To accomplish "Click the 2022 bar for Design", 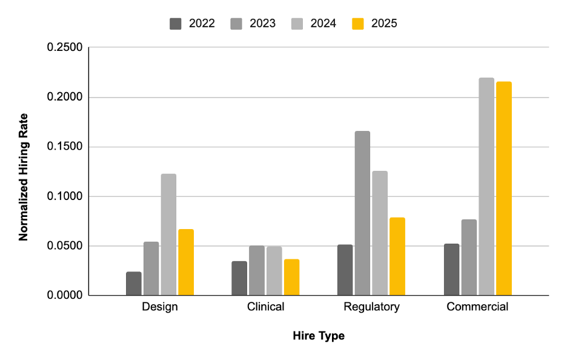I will click(134, 284).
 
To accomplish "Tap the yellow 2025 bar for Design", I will click(186, 262).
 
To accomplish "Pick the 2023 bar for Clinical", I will click(257, 270).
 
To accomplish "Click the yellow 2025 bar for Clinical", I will click(291, 278).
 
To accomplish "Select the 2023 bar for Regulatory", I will click(362, 213).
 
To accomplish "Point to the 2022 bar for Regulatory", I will click(345, 270).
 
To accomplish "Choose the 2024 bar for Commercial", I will click(486, 187).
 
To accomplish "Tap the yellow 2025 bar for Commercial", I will click(503, 188).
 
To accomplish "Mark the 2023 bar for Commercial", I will click(468, 258).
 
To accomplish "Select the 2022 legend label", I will click(202, 24).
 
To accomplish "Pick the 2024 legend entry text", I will click(323, 24).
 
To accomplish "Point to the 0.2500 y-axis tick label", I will click(64, 47).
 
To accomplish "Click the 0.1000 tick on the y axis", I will click(64, 196).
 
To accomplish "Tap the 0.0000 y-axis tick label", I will click(64, 296).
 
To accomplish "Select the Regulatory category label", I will click(371, 307).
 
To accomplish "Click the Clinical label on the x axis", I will click(265, 307).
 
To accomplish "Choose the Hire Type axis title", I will click(319, 336).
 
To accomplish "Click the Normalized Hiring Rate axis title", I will click(24, 176).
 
